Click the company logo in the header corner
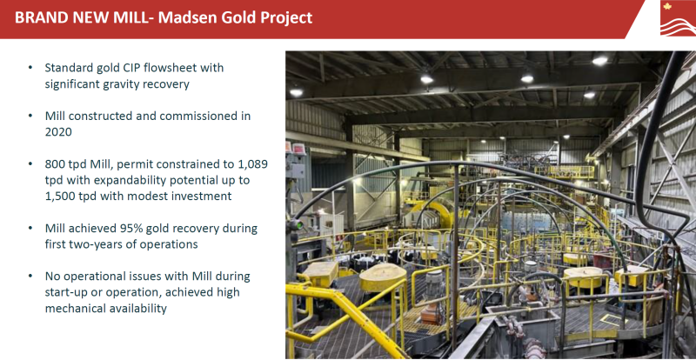click(678, 18)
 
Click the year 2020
click(58, 132)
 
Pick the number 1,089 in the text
click(252, 164)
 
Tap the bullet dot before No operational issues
click(30, 277)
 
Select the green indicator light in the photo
click(299, 225)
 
